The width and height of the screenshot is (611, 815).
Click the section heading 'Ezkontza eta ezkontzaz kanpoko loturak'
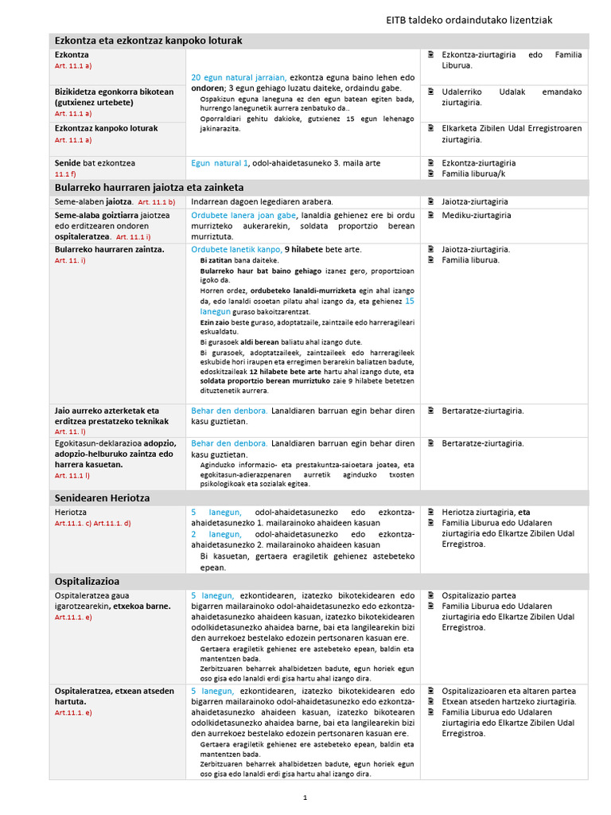(x=147, y=41)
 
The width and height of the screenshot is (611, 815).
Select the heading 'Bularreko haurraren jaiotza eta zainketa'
(x=149, y=187)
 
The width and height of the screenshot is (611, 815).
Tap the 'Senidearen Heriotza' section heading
(x=102, y=497)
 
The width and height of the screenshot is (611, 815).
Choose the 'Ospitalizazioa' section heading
(x=87, y=581)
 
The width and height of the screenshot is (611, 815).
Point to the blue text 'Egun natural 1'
(x=220, y=162)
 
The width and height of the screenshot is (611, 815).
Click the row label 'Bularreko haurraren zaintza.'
(x=109, y=249)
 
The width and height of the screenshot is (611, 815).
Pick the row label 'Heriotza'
(x=71, y=512)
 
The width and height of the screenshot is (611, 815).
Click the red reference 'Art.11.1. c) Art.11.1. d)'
(x=92, y=523)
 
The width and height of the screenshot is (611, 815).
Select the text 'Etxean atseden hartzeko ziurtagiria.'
(x=508, y=701)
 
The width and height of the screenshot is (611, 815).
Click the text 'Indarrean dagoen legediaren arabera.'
(x=262, y=201)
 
